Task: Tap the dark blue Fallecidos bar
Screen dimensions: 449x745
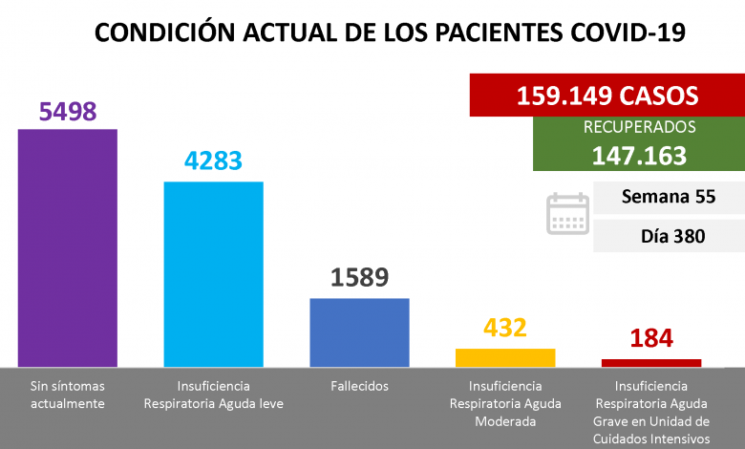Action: coord(360,331)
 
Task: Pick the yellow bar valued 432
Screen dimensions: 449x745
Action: coord(505,357)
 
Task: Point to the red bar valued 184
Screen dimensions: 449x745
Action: coord(651,363)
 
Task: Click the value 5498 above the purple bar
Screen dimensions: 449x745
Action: coord(68,112)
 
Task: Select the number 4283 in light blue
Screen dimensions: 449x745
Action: coord(214,162)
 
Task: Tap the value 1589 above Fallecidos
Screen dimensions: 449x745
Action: coord(360,279)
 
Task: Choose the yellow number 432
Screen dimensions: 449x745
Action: coord(505,328)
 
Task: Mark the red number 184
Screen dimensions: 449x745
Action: coord(651,338)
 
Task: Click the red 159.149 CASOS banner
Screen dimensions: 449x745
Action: coord(607,96)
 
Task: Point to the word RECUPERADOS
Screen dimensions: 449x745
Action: coord(640,127)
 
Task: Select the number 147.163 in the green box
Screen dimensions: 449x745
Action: coord(640,155)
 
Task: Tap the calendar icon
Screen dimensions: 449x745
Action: coord(567,214)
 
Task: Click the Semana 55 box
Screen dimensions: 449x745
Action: coord(669,199)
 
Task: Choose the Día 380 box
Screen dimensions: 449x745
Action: coord(669,236)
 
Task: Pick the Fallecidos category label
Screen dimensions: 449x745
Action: coord(360,386)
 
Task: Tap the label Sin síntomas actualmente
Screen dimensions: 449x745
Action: coord(68,395)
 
